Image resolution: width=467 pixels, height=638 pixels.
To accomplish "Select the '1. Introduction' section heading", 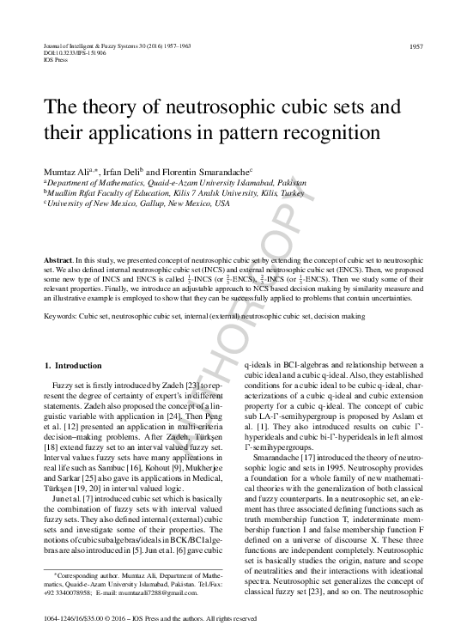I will [x=72, y=365].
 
